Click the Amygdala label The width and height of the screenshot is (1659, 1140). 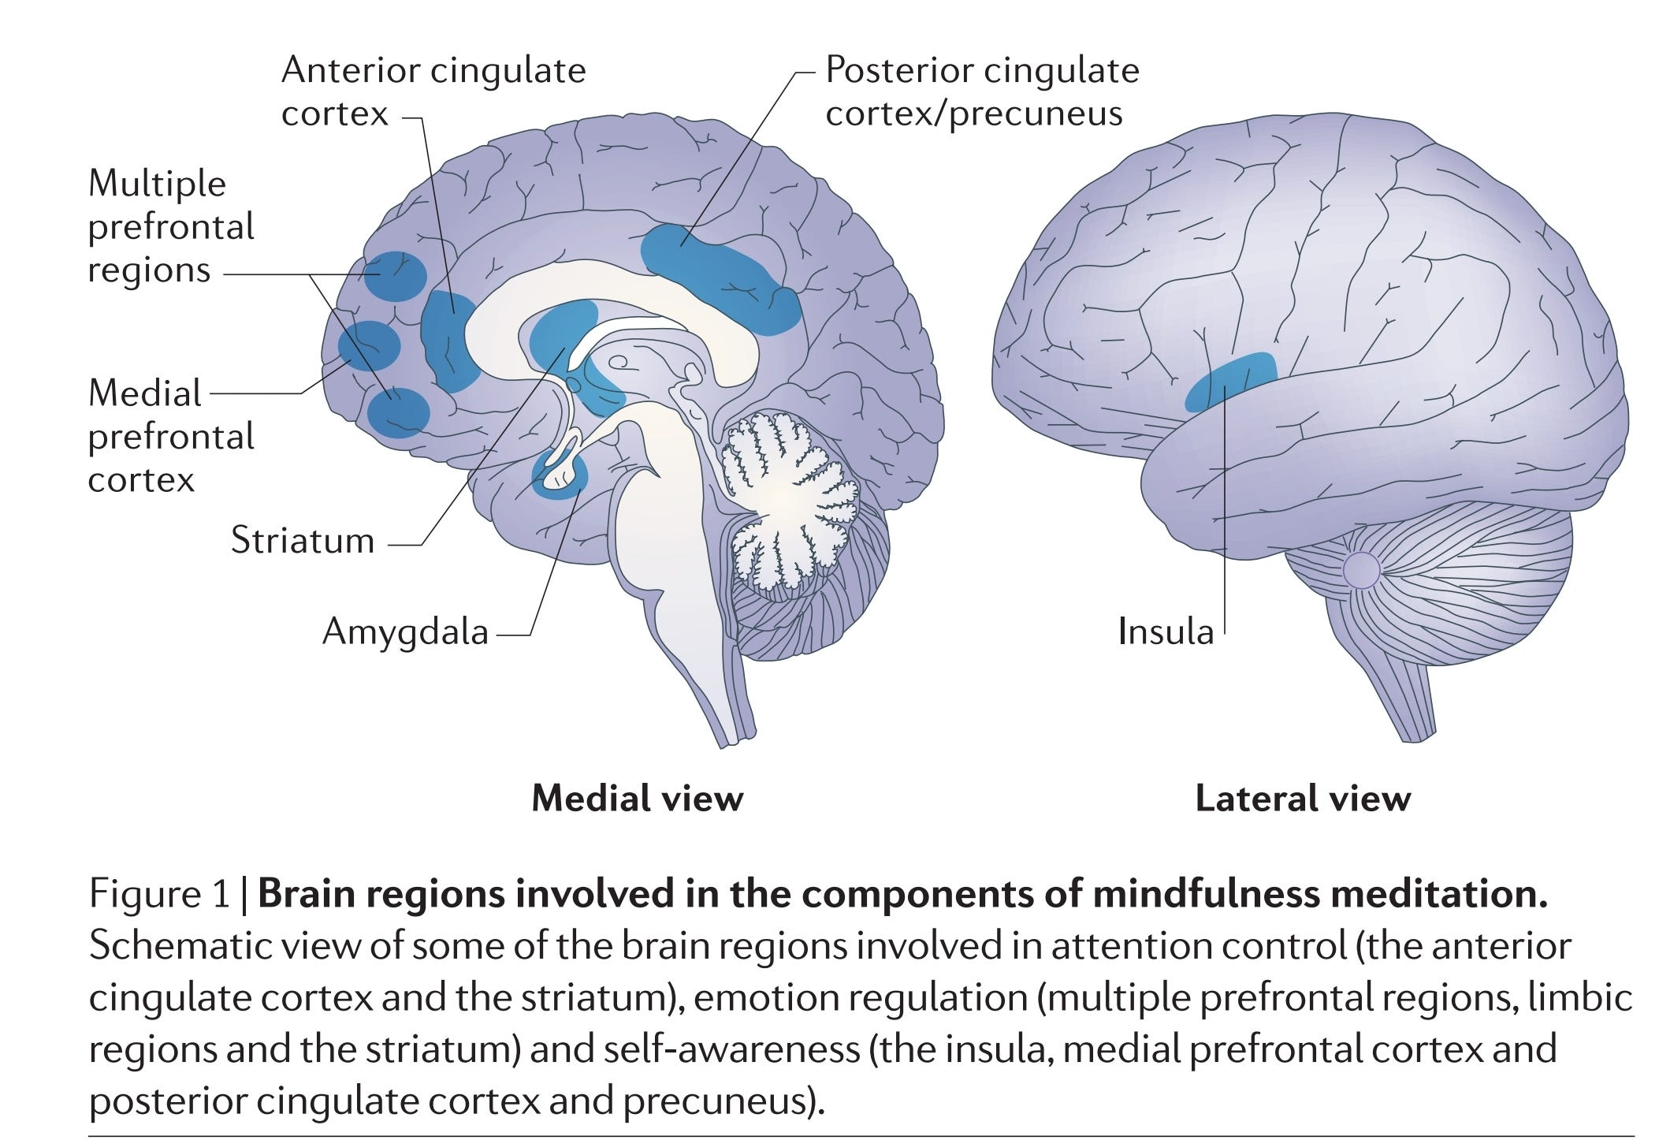coord(405,632)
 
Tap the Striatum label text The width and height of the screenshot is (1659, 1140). coord(303,542)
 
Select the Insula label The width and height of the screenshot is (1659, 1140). coord(1165,632)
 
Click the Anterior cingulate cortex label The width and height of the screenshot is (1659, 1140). coord(433,91)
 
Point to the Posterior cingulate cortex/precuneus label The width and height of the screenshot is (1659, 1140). coord(982,91)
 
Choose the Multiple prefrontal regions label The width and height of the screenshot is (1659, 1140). coord(170,227)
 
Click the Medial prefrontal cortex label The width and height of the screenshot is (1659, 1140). coord(170,436)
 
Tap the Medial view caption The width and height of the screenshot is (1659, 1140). coord(637,799)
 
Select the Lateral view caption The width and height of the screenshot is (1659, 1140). coord(1302,799)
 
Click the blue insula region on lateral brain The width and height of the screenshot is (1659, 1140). coord(1231,380)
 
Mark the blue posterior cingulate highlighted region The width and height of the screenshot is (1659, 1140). coord(717,276)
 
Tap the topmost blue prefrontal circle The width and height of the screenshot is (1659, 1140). coord(396,276)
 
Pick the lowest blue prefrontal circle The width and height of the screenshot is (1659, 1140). coord(399,412)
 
